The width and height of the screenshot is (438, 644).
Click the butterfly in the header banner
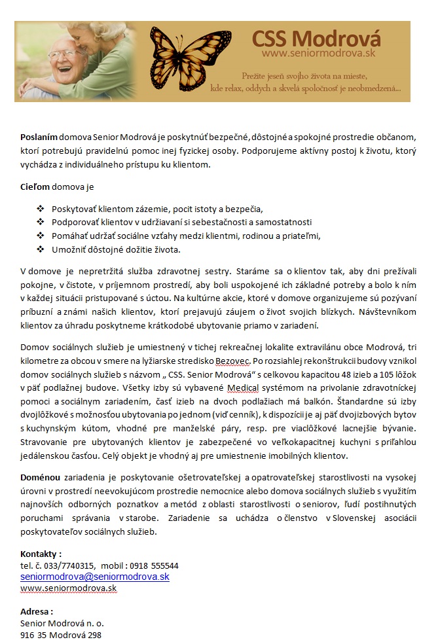coord(189,59)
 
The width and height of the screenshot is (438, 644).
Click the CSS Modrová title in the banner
coord(316,37)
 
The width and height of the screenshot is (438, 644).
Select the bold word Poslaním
coord(39,138)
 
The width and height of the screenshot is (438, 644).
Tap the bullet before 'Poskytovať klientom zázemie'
coord(40,209)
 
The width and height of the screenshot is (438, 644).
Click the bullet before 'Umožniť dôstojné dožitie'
coord(40,249)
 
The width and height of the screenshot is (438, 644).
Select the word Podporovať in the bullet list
coord(74,222)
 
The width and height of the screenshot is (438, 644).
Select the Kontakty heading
coord(41,554)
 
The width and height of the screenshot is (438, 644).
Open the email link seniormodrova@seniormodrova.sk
coord(95,577)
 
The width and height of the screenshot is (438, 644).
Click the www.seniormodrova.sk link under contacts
coord(68,588)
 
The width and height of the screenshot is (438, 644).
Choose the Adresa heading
coord(37,611)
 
